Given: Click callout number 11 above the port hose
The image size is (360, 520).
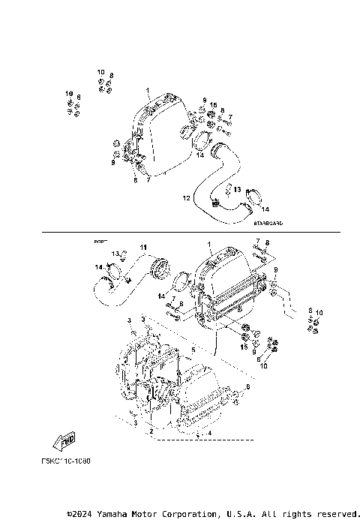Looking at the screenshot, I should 143,247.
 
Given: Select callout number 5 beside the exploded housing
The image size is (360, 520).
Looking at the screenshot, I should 193,349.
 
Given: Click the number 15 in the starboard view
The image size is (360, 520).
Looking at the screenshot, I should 213,104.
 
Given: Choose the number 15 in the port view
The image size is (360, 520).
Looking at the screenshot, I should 243,346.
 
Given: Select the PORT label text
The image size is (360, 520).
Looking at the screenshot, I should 100,242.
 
